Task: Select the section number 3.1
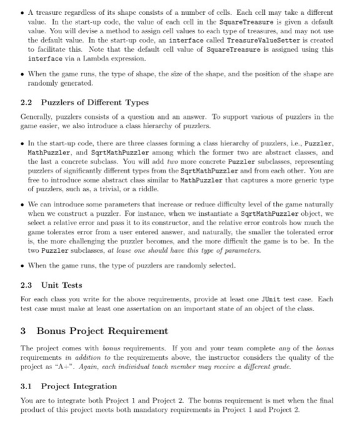tap(28, 386)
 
